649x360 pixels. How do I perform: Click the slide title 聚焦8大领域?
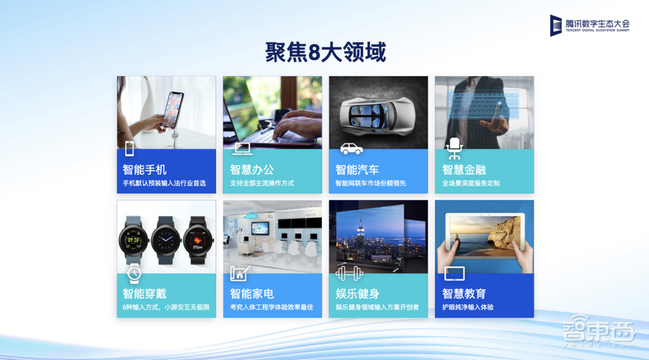325,51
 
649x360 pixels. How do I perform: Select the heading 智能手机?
145,169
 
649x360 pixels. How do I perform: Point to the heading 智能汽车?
357,169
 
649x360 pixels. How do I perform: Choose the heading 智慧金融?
464,169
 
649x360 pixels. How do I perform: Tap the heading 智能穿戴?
145,293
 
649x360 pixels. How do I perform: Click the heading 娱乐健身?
357,293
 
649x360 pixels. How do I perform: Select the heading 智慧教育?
464,293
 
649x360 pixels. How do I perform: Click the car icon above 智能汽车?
351,149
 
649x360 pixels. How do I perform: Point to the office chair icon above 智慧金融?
454,148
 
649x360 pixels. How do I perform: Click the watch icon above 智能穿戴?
134,273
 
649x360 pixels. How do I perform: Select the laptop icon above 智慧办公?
242,149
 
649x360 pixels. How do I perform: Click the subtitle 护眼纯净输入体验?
467,307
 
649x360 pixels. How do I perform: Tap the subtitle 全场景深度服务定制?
471,183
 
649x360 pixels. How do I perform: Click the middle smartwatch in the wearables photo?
166,241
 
